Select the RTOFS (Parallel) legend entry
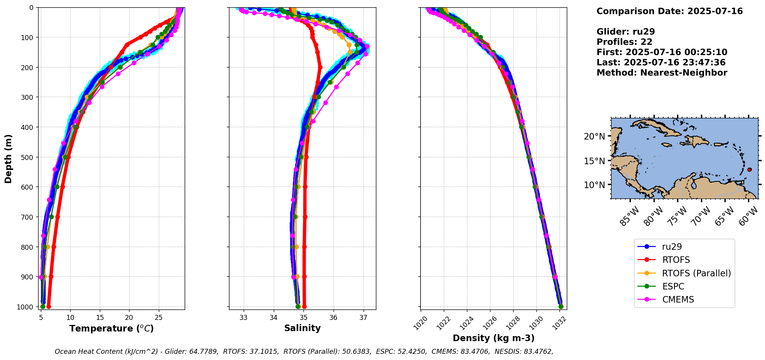click(x=696, y=273)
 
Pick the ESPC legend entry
click(x=673, y=286)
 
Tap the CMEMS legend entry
click(x=678, y=299)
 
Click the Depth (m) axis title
click(x=8, y=158)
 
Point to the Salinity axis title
click(x=302, y=328)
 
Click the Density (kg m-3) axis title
click(x=494, y=338)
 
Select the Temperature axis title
click(x=111, y=328)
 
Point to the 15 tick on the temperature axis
click(x=100, y=317)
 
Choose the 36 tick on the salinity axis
click(x=334, y=317)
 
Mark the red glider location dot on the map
click(x=749, y=170)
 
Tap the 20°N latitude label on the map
click(x=594, y=136)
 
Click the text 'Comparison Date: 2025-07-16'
click(x=669, y=11)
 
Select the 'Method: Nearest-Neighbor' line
click(x=662, y=73)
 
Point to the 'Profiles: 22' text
click(x=624, y=42)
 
